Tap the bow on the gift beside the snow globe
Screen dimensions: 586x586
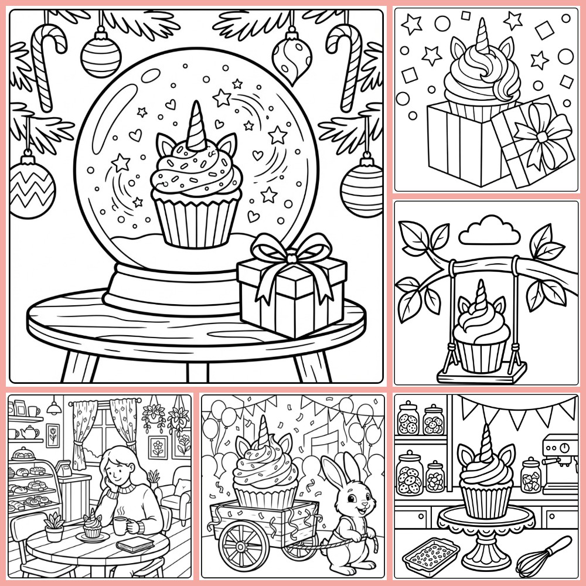(290, 253)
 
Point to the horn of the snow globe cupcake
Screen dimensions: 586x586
(194, 126)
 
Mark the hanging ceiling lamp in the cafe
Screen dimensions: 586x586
(54, 408)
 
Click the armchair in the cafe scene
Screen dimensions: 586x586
(176, 498)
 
